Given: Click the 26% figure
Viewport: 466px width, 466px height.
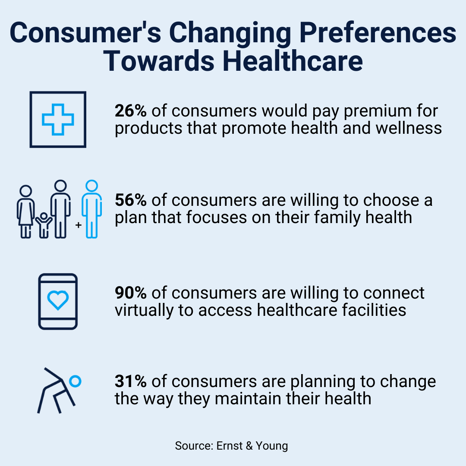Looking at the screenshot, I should (x=131, y=111).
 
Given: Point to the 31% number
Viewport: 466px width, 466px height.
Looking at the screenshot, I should (x=130, y=381).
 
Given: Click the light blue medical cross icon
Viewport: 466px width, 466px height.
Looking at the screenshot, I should (x=58, y=119).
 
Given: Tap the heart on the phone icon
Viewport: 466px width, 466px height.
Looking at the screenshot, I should (x=58, y=300).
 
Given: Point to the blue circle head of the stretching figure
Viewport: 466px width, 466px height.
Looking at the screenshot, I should (x=76, y=381).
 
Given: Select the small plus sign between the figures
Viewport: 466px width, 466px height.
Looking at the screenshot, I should (x=79, y=225).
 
